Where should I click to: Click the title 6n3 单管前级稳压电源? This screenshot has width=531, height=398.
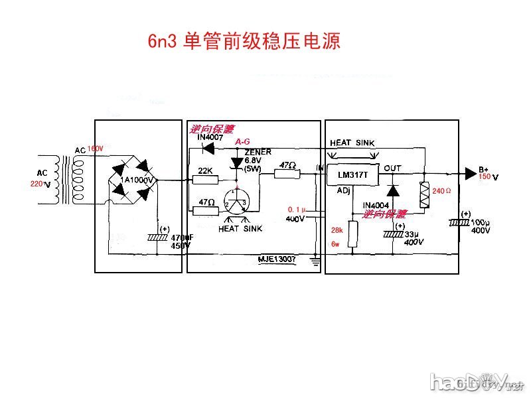coord(244,42)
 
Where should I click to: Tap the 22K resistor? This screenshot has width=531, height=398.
coord(205,177)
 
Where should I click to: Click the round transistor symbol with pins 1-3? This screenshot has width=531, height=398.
coord(236,201)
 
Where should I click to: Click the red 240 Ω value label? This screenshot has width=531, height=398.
coord(441,191)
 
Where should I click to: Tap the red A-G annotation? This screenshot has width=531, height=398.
coord(243,142)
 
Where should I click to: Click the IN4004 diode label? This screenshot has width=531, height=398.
coord(376,205)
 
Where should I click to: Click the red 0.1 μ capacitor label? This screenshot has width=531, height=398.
coord(295,210)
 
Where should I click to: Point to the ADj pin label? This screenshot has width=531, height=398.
coord(343,190)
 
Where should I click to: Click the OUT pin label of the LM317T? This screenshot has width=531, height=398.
coord(392,168)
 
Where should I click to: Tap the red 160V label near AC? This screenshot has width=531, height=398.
coord(96,149)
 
